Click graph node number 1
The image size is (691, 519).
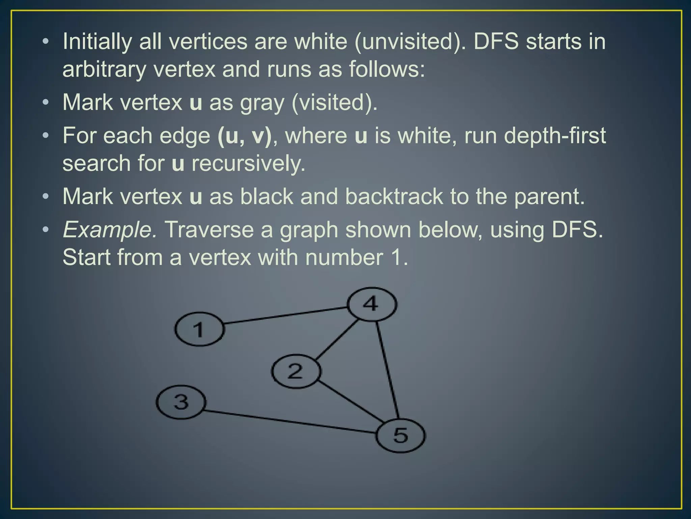199,329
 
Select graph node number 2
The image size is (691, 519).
296,371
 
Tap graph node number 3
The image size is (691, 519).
181,402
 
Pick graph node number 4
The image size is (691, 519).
372,304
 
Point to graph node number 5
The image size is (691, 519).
400,435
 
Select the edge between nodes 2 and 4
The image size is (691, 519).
337,339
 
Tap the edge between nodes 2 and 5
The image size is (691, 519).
351,402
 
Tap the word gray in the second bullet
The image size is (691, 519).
262,103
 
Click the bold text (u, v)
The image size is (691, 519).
245,136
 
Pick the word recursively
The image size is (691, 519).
248,164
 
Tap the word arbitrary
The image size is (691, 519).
104,70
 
